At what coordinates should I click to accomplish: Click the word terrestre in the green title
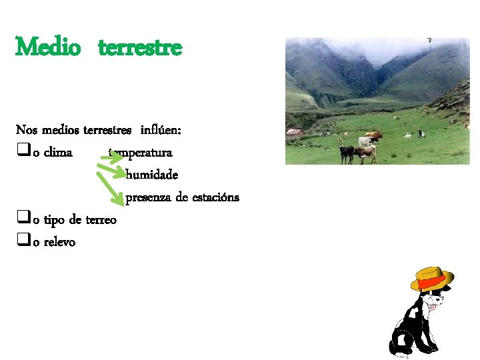(x=140, y=48)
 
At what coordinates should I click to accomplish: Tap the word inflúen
(x=166, y=129)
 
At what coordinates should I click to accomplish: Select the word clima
(x=58, y=153)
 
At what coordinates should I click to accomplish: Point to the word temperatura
(x=143, y=153)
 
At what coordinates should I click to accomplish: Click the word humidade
(x=152, y=175)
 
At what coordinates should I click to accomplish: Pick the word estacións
(x=215, y=197)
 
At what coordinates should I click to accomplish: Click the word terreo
(x=101, y=220)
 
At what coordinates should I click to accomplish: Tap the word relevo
(x=59, y=242)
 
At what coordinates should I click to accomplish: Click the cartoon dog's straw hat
(x=432, y=279)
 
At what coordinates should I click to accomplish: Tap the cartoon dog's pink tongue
(x=437, y=307)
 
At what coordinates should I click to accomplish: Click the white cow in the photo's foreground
(x=366, y=141)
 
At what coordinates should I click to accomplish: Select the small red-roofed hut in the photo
(x=295, y=133)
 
